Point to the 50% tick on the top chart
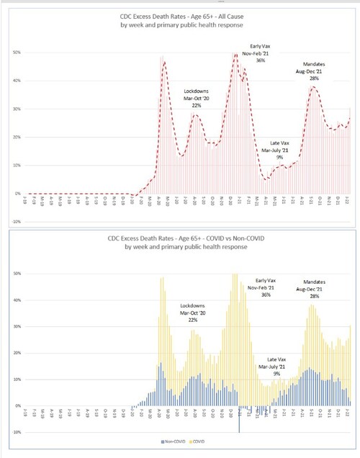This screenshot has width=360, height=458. pyautogui.click(x=17, y=53)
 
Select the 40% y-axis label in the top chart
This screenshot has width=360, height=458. pyautogui.click(x=17, y=81)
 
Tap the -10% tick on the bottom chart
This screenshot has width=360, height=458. pyautogui.click(x=16, y=433)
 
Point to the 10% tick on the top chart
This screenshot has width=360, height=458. pyautogui.click(x=17, y=166)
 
